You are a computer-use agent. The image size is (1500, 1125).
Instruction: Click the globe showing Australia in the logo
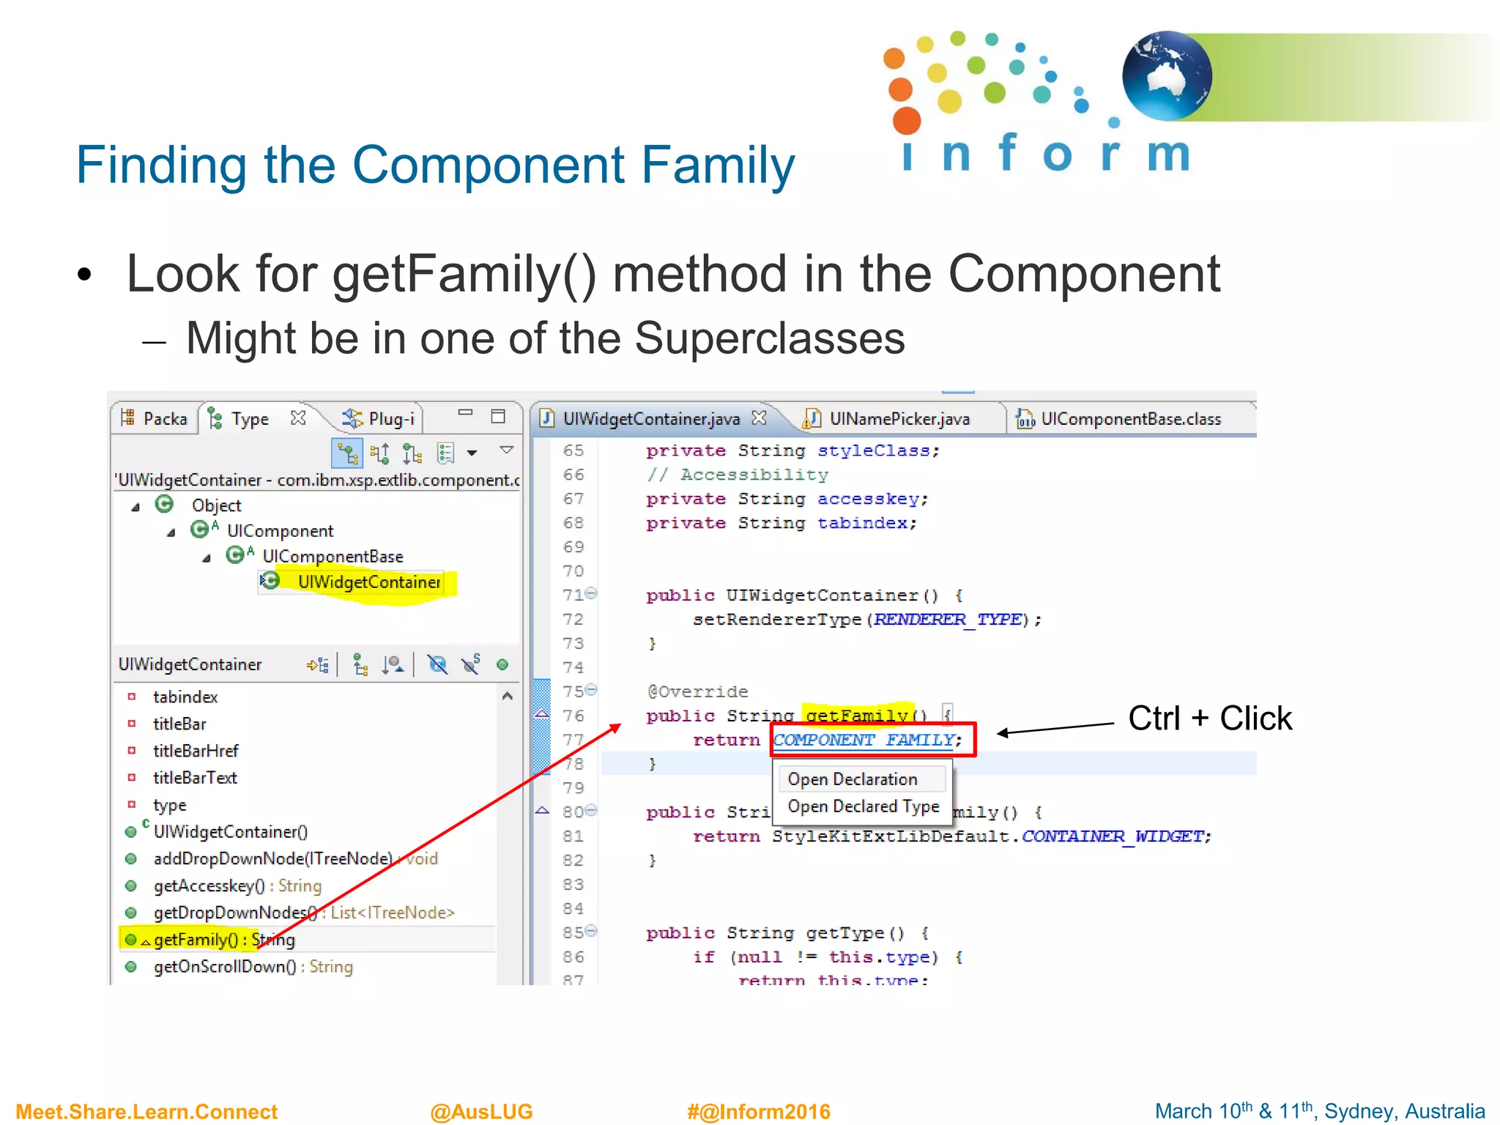pyautogui.click(x=1166, y=75)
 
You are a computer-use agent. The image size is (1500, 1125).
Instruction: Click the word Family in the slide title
pyautogui.click(x=717, y=166)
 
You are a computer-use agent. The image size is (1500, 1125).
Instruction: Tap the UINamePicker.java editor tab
pyautogui.click(x=899, y=419)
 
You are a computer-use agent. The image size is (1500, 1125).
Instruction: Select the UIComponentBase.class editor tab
pyautogui.click(x=1130, y=419)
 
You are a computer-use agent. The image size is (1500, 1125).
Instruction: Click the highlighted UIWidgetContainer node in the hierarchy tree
pyautogui.click(x=368, y=582)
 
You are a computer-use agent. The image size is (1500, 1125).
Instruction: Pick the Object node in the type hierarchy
pyautogui.click(x=216, y=505)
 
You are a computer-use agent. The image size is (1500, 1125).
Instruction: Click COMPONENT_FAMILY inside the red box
pyautogui.click(x=864, y=740)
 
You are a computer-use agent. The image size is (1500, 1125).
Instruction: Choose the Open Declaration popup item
pyautogui.click(x=852, y=779)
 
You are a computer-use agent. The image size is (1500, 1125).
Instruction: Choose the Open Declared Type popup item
pyautogui.click(x=863, y=806)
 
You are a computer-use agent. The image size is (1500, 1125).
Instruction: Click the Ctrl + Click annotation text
pyautogui.click(x=1209, y=719)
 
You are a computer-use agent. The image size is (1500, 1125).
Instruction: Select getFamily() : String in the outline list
pyautogui.click(x=223, y=940)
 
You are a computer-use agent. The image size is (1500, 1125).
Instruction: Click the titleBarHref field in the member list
pyautogui.click(x=195, y=751)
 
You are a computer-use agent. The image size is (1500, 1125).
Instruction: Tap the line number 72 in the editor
pyautogui.click(x=573, y=620)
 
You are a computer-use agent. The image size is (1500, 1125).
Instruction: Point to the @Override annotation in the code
pyautogui.click(x=697, y=691)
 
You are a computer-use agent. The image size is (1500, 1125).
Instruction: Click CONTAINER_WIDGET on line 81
pyautogui.click(x=1115, y=836)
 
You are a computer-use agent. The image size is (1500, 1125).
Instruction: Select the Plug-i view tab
pyautogui.click(x=390, y=419)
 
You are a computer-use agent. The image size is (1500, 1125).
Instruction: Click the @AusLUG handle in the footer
pyautogui.click(x=481, y=1111)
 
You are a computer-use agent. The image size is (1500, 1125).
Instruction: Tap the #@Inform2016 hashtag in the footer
pyautogui.click(x=758, y=1111)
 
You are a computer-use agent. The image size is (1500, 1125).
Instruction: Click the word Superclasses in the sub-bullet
pyautogui.click(x=769, y=338)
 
